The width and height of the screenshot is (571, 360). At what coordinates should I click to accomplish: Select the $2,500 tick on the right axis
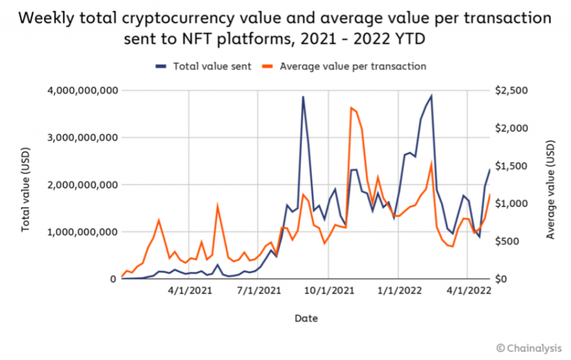click(x=511, y=90)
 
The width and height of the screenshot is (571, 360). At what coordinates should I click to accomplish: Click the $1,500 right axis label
click(x=511, y=166)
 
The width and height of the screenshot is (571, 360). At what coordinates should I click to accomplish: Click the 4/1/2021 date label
click(x=190, y=290)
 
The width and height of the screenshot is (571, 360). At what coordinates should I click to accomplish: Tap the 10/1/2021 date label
click(x=329, y=290)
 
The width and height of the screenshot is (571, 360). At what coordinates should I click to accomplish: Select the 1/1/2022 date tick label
click(x=399, y=290)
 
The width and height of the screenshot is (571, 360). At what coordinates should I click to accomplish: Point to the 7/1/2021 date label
click(x=259, y=290)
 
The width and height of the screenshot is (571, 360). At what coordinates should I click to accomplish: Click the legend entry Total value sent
click(x=203, y=66)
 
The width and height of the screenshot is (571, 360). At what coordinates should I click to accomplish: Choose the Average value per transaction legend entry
click(x=343, y=66)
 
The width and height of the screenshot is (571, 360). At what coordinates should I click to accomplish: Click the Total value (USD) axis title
click(x=25, y=189)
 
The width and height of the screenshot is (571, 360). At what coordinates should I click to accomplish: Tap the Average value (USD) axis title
click(x=550, y=189)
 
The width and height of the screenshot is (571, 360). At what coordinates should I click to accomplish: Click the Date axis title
click(x=306, y=318)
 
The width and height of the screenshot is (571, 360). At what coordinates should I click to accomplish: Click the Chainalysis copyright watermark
click(x=529, y=348)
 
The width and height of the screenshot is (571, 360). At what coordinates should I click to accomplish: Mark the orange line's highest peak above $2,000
click(x=351, y=108)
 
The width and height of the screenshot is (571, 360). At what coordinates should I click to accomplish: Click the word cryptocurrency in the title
click(x=178, y=19)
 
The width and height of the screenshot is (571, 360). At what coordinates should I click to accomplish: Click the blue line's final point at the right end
click(x=490, y=169)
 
